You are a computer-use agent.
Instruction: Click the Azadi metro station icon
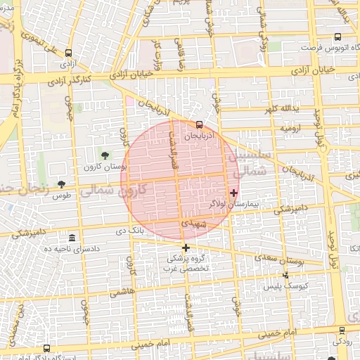click(x=68, y=53)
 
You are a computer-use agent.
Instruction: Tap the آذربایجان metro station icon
click(x=200, y=124)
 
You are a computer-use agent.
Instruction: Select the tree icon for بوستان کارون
click(x=105, y=155)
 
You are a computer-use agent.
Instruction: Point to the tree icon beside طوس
click(x=61, y=184)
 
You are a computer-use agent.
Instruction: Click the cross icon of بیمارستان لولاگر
click(x=233, y=192)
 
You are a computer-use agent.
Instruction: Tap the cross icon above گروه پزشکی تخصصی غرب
click(x=186, y=247)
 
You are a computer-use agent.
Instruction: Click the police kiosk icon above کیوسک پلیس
click(x=285, y=275)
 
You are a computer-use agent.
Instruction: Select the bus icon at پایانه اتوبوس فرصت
click(x=337, y=37)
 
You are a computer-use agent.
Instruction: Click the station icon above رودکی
click(x=342, y=330)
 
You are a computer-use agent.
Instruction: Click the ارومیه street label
click(x=291, y=129)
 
